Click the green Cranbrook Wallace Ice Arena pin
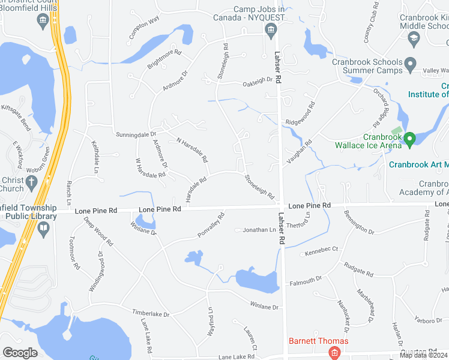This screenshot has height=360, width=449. coord(410,140)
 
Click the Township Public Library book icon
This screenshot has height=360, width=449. coord(43,229)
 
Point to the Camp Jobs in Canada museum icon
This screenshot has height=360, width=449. coord(271,30)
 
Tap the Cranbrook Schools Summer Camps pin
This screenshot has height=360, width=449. coord(411,64)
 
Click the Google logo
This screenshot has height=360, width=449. coord(20,353)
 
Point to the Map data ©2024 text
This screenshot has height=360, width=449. coord(423,355)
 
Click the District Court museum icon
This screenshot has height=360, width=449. coord(43,22)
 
